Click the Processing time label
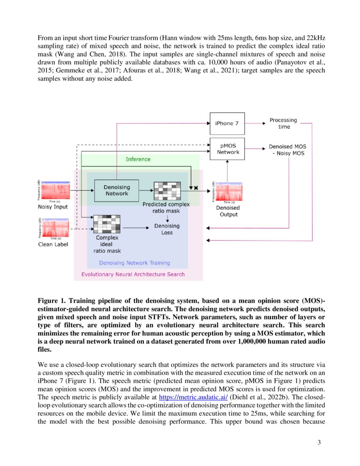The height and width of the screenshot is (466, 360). [283, 123]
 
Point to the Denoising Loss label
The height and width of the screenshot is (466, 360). [167, 229]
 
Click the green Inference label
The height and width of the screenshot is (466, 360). [138, 159]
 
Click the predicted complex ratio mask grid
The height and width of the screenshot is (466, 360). [167, 191]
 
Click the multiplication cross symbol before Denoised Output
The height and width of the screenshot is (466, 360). [196, 187]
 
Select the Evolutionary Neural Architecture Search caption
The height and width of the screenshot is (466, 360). [133, 274]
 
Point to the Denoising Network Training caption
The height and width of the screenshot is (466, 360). [134, 263]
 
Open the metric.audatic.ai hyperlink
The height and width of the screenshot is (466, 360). [193, 397]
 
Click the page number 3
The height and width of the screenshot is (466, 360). [319, 443]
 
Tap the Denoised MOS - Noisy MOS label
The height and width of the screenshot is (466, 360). [287, 150]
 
